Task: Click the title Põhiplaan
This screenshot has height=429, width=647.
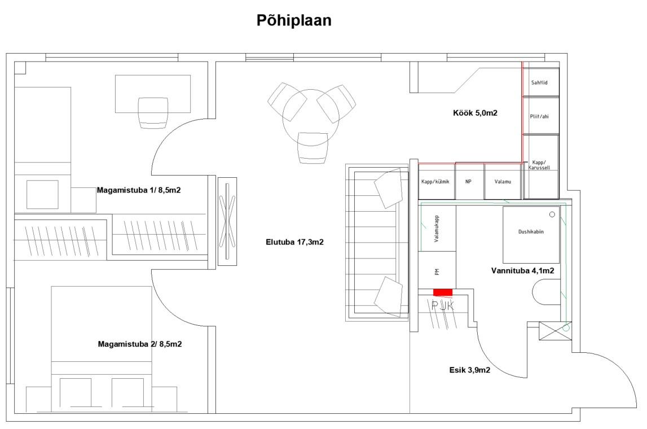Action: pyautogui.click(x=294, y=20)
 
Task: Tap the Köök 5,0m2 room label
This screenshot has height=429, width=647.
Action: pyautogui.click(x=475, y=113)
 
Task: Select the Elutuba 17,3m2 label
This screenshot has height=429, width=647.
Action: pyautogui.click(x=294, y=242)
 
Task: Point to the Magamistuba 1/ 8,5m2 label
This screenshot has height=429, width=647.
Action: pyautogui.click(x=139, y=190)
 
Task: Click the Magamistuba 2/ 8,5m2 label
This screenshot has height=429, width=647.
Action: pyautogui.click(x=140, y=344)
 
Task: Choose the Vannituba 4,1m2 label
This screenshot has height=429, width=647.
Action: pyautogui.click(x=522, y=271)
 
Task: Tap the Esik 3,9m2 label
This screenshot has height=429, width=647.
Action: pyautogui.click(x=469, y=370)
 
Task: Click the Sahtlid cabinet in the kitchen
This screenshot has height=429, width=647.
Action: pyautogui.click(x=541, y=82)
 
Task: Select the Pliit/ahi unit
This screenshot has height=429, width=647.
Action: pyautogui.click(x=541, y=116)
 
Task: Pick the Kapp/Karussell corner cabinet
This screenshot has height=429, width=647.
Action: pyautogui.click(x=541, y=167)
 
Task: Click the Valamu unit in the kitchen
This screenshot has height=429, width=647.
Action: pyautogui.click(x=503, y=181)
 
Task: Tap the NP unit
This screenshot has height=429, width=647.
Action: pyautogui.click(x=469, y=181)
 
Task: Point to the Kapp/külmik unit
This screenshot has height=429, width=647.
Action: pyautogui.click(x=437, y=181)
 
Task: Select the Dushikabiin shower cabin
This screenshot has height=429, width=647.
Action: pyautogui.click(x=531, y=234)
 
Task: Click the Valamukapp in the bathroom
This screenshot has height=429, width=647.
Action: pyautogui.click(x=437, y=229)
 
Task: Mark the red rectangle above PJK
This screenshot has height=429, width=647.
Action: pyautogui.click(x=443, y=292)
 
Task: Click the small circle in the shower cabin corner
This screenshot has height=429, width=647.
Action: pyautogui.click(x=552, y=214)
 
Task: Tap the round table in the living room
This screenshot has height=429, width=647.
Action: pyautogui.click(x=311, y=117)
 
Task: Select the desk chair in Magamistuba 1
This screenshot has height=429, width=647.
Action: pyautogui.click(x=153, y=113)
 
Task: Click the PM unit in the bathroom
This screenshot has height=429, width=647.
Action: pyautogui.click(x=437, y=270)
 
